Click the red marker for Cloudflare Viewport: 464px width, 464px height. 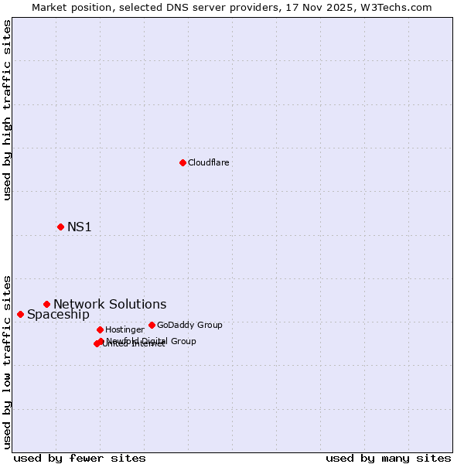(x=183, y=162)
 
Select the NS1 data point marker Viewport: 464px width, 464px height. (x=60, y=227)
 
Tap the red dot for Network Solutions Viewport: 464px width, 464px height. (x=46, y=304)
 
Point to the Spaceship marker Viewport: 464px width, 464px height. (x=20, y=314)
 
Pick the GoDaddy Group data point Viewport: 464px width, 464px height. (x=152, y=325)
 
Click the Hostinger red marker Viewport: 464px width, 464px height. (x=100, y=329)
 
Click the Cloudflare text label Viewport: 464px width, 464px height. (x=208, y=162)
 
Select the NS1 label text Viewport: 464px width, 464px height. (x=80, y=227)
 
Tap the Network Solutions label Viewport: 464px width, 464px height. (x=110, y=304)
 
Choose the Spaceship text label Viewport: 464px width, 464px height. (x=58, y=314)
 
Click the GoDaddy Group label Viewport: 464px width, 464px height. (x=189, y=325)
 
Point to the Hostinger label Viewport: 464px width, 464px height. (x=125, y=329)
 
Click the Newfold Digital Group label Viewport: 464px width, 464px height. (x=152, y=341)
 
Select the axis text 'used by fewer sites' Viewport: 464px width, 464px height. (x=80, y=458)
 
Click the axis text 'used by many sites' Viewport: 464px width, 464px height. (x=388, y=458)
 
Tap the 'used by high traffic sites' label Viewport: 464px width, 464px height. (x=8, y=110)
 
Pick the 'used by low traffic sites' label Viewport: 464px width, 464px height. (x=8, y=361)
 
